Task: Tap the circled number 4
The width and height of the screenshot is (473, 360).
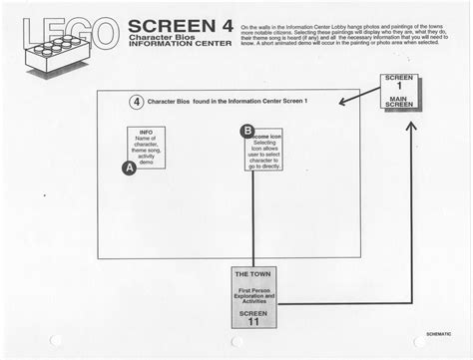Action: (136, 102)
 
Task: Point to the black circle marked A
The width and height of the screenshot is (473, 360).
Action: (128, 169)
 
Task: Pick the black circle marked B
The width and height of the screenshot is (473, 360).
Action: (246, 131)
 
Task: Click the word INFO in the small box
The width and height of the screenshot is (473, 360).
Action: (146, 133)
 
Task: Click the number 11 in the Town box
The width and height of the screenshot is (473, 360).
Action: (252, 321)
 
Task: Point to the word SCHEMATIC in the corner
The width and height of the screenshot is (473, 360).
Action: (438, 333)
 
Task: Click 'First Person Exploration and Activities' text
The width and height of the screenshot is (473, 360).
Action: (252, 293)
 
